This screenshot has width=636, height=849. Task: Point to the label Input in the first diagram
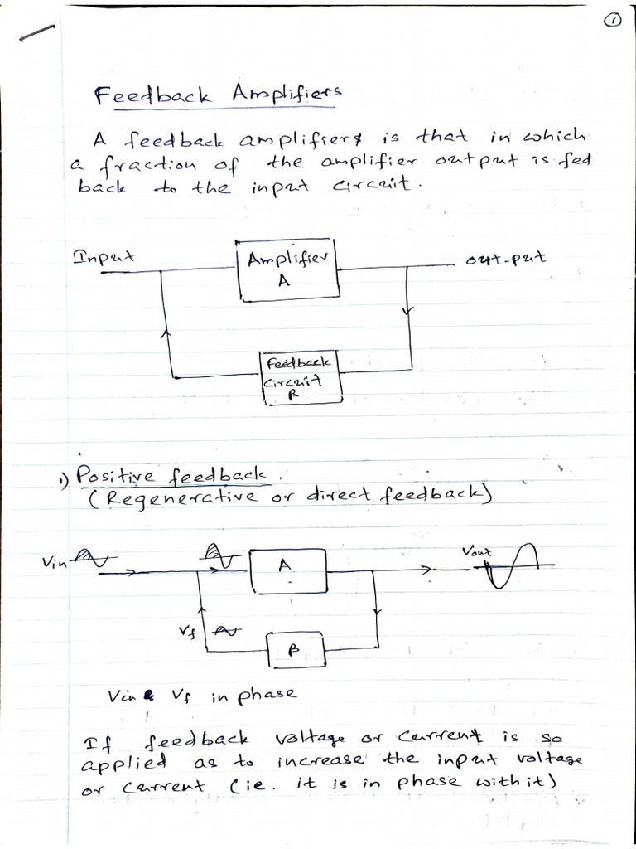pyautogui.click(x=104, y=256)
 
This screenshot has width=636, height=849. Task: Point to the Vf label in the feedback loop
pyautogui.click(x=188, y=631)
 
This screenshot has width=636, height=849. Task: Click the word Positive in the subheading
pyautogui.click(x=110, y=476)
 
